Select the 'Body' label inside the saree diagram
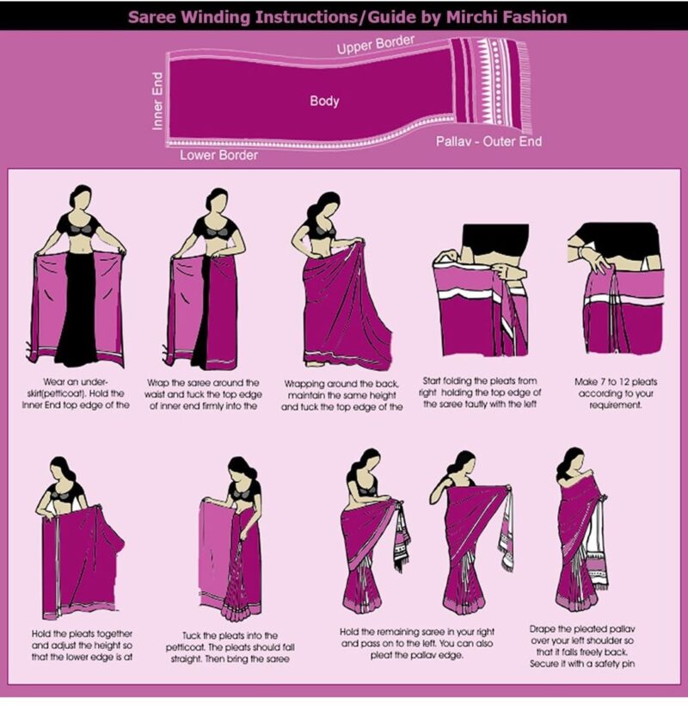(324, 101)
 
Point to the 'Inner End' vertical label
(158, 102)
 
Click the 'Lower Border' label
(218, 156)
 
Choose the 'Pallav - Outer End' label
(488, 140)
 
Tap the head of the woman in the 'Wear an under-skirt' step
(81, 198)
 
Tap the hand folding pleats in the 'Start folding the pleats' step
(500, 275)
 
